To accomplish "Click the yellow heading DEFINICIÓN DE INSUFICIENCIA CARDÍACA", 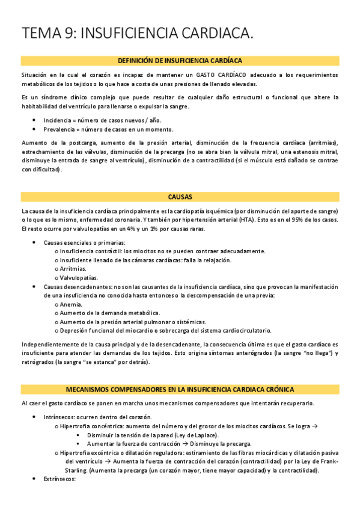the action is coord(180,60).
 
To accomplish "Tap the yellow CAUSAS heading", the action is coord(180,197).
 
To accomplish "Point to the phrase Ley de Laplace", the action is coord(195,435).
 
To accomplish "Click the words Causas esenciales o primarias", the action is coord(84,242).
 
